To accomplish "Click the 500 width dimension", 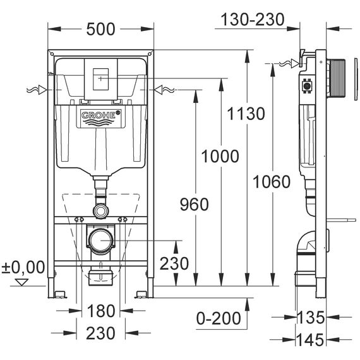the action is pyautogui.click(x=100, y=29).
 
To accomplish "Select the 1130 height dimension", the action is pyautogui.click(x=246, y=114).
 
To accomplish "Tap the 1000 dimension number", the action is pyautogui.click(x=220, y=157).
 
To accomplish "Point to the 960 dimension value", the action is pyautogui.click(x=195, y=205).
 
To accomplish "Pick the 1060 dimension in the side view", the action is pyautogui.click(x=272, y=182).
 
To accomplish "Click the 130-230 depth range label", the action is pyautogui.click(x=253, y=20).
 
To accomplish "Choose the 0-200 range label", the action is pyautogui.click(x=219, y=318).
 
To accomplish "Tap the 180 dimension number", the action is pyautogui.click(x=101, y=311).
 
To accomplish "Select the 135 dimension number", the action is pyautogui.click(x=311, y=317).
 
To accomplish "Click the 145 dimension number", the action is pyautogui.click(x=310, y=340).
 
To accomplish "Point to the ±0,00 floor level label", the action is pyautogui.click(x=23, y=267).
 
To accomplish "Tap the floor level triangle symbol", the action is pyautogui.click(x=21, y=282).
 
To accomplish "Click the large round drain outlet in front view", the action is pyautogui.click(x=101, y=241).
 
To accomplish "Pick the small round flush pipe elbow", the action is pyautogui.click(x=101, y=210).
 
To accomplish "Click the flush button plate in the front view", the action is pyautogui.click(x=101, y=79).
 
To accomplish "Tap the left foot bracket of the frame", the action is pyautogui.click(x=59, y=294).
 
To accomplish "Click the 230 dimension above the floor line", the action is pyautogui.click(x=174, y=263).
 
